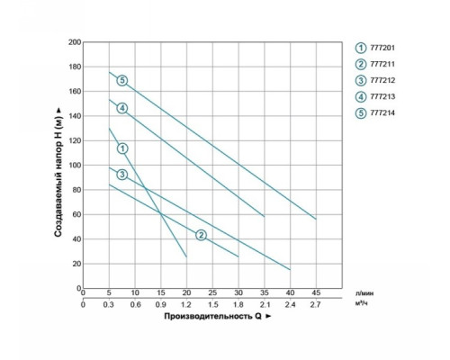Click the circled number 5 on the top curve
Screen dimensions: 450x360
pyautogui.click(x=122, y=80)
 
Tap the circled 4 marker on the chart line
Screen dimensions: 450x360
pyautogui.click(x=122, y=108)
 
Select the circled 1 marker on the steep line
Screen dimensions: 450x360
pyautogui.click(x=122, y=148)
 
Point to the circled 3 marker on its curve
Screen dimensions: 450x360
pyautogui.click(x=122, y=175)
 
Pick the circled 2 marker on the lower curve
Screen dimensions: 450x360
pyautogui.click(x=201, y=235)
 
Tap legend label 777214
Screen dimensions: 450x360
pyautogui.click(x=382, y=113)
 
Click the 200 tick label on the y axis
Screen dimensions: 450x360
pyautogui.click(x=75, y=42)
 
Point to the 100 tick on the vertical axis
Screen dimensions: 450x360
pyautogui.click(x=75, y=166)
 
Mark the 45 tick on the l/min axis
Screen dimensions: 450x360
pyautogui.click(x=316, y=292)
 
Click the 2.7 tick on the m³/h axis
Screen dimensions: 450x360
pyautogui.click(x=316, y=305)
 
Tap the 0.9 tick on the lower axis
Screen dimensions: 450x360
pyautogui.click(x=161, y=305)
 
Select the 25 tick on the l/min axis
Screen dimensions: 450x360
pyautogui.click(x=212, y=292)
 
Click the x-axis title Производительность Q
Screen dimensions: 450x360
pyautogui.click(x=212, y=316)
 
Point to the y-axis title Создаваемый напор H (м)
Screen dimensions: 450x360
pyautogui.click(x=58, y=173)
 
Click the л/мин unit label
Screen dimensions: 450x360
pyautogui.click(x=364, y=293)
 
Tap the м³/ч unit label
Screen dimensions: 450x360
pyautogui.click(x=362, y=303)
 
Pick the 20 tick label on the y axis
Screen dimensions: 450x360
pyautogui.click(x=76, y=264)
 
